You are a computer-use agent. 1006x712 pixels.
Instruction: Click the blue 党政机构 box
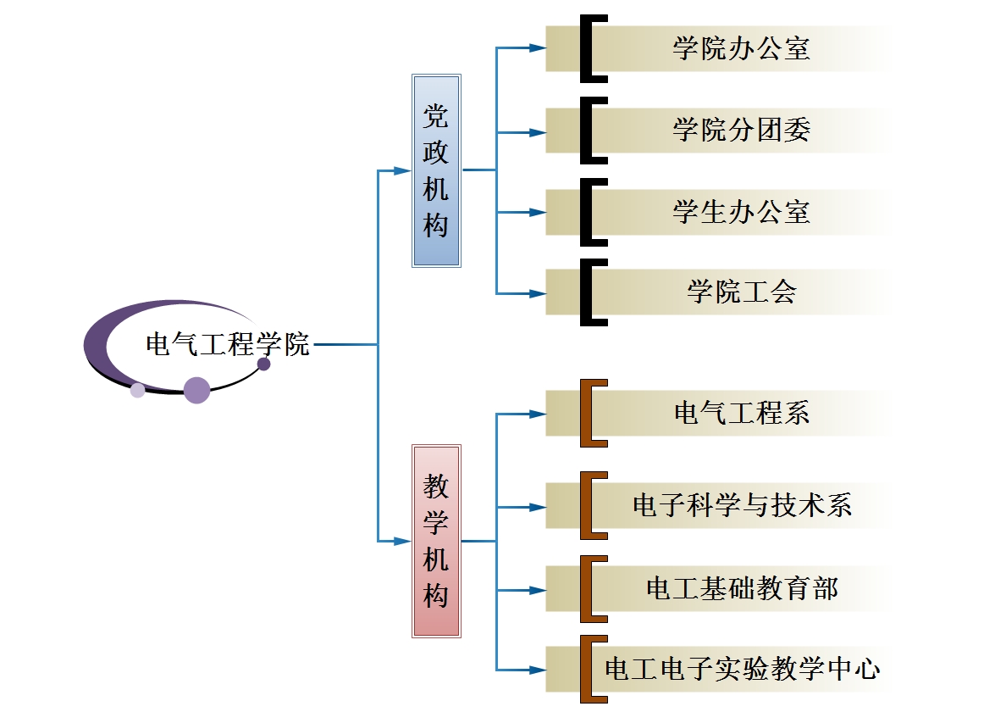(x=436, y=170)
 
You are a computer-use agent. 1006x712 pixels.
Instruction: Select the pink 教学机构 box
(x=436, y=540)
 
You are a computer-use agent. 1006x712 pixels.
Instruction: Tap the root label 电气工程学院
(x=228, y=345)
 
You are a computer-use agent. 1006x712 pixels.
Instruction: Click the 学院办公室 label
(x=741, y=48)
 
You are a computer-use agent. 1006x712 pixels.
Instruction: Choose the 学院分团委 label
(x=741, y=130)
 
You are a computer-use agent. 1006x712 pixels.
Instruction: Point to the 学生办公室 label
(x=741, y=212)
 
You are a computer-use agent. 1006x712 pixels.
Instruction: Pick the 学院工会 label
(x=741, y=292)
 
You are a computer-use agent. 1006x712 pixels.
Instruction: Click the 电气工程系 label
(x=741, y=413)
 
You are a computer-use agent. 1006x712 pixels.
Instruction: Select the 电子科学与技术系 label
(x=741, y=505)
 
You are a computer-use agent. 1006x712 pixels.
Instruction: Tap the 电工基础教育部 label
(x=741, y=588)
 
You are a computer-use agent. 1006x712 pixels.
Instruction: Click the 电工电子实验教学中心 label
(x=741, y=669)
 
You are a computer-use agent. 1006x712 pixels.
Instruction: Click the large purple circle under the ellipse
(x=196, y=390)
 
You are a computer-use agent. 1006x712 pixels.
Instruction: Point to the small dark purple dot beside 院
(x=264, y=364)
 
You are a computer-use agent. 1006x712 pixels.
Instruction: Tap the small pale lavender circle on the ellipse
(x=137, y=390)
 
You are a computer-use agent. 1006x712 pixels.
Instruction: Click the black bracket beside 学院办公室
(x=586, y=48)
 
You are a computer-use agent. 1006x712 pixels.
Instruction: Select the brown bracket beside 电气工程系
(x=586, y=413)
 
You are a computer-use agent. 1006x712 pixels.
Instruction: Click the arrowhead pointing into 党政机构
(x=405, y=170)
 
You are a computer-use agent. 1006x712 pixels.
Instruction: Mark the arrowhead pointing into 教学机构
(x=405, y=540)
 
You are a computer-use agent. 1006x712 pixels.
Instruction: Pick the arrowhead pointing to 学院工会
(x=538, y=293)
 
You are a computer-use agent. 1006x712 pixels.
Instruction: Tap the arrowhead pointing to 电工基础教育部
(x=538, y=589)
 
